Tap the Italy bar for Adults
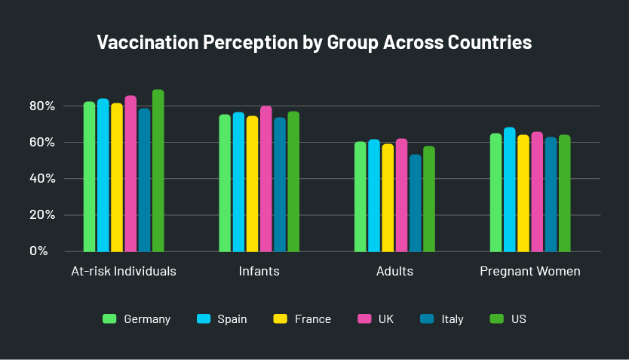pyautogui.click(x=415, y=203)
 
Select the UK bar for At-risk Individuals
pyautogui.click(x=130, y=174)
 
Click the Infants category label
pyautogui.click(x=259, y=272)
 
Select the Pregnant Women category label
pyautogui.click(x=530, y=272)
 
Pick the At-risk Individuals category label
pyautogui.click(x=124, y=272)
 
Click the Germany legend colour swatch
pyautogui.click(x=109, y=318)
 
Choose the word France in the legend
pyautogui.click(x=313, y=319)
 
